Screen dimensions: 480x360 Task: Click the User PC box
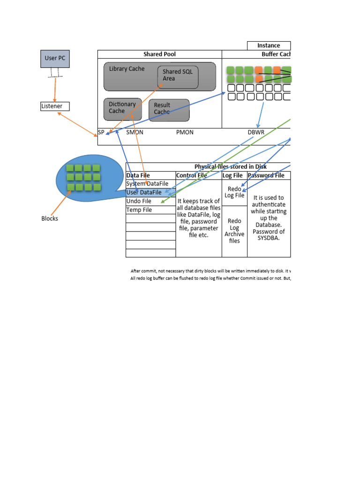coord(55,59)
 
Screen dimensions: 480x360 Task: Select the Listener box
coord(55,106)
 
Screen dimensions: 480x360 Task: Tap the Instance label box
coord(269,45)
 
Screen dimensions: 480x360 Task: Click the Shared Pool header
coord(159,54)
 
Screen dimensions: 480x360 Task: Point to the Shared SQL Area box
coord(178,77)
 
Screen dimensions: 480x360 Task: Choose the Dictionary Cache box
coord(122,108)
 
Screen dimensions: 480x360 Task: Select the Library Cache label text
coord(127,69)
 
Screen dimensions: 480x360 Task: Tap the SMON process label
coord(135,132)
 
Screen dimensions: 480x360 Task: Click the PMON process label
coord(185,132)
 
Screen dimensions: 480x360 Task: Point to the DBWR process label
coord(256,132)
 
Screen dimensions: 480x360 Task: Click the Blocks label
coord(50,218)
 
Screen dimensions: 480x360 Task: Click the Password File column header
coord(269,175)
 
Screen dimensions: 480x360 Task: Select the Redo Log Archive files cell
coord(234,231)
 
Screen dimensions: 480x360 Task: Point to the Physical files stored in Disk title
coord(230,166)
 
